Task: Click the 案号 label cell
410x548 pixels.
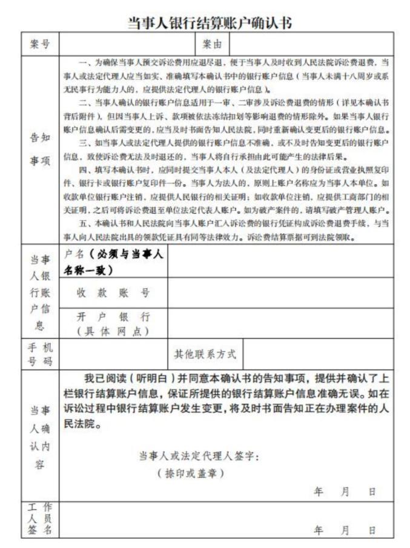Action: click(x=40, y=44)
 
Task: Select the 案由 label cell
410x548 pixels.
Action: click(x=212, y=44)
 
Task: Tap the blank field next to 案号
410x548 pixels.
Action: click(x=127, y=44)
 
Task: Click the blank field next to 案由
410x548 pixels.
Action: click(x=311, y=44)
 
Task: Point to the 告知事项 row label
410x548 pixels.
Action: click(x=40, y=151)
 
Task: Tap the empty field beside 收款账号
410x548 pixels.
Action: click(x=280, y=293)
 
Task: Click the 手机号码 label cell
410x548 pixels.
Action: click(x=40, y=354)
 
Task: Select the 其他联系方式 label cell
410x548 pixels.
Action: click(x=205, y=354)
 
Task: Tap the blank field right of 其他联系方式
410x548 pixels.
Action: click(x=318, y=354)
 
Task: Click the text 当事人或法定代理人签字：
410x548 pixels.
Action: click(x=199, y=456)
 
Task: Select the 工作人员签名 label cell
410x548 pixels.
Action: click(x=40, y=520)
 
